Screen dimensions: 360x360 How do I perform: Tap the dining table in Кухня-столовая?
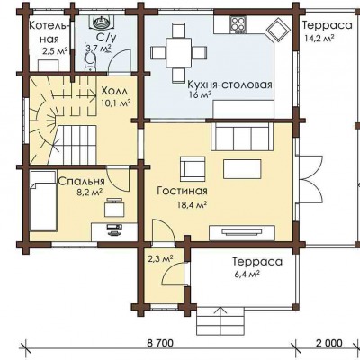178,53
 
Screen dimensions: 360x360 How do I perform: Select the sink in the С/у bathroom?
101,22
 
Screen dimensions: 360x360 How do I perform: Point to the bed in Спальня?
43,201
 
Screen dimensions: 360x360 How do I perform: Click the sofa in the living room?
242,138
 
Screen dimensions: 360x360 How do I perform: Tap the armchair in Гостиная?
193,168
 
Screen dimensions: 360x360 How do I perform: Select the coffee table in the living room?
242,169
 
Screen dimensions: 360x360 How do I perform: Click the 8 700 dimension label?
160,343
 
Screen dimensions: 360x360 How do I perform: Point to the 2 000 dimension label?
329,343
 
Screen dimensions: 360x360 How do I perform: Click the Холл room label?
114,91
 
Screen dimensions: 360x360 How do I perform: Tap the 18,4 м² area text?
193,205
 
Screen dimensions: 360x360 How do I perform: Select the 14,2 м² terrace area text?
319,38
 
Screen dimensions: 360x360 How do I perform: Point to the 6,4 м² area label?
247,274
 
